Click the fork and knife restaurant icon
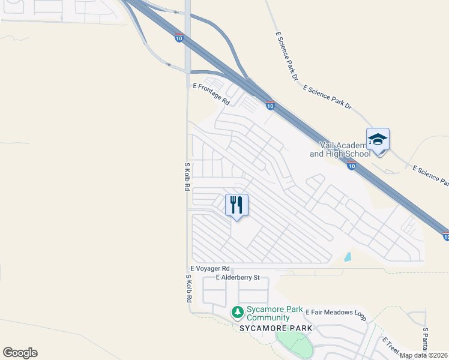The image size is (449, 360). click(237, 205)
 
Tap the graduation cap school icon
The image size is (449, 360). click(378, 140)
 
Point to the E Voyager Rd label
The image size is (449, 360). click(210, 269)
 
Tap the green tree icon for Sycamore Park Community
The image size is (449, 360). click(238, 313)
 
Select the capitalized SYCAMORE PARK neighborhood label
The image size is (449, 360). click(276, 329)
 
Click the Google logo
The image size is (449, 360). click(20, 353)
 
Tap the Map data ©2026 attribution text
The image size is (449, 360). click(424, 355)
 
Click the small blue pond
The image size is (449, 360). click(348, 257)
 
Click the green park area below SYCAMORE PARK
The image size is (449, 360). click(295, 345)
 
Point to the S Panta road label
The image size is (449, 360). click(424, 340)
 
